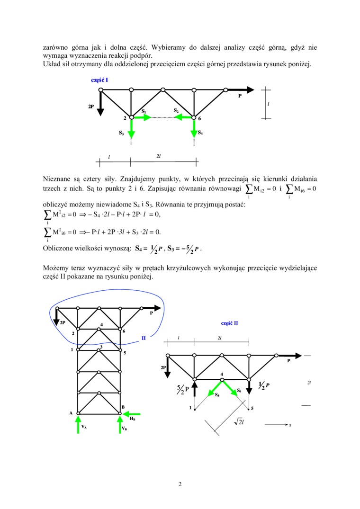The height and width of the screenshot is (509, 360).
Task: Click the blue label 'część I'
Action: [x=99, y=80]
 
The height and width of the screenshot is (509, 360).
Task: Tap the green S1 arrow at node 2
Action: [x=141, y=117]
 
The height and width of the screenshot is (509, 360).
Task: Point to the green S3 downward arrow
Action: [x=131, y=126]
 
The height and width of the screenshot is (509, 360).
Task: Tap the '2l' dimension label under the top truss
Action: [x=159, y=156]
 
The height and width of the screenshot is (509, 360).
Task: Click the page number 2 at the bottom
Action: [x=180, y=484]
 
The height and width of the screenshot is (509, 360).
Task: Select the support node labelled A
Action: [x=79, y=413]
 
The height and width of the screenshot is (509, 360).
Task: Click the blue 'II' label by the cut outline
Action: [x=143, y=338]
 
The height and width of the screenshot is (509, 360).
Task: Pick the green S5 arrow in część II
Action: [x=214, y=386]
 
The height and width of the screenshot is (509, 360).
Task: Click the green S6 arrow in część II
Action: [x=232, y=386]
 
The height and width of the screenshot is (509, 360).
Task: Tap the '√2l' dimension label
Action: [x=238, y=422]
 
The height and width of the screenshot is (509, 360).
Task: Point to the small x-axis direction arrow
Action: [x=277, y=425]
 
